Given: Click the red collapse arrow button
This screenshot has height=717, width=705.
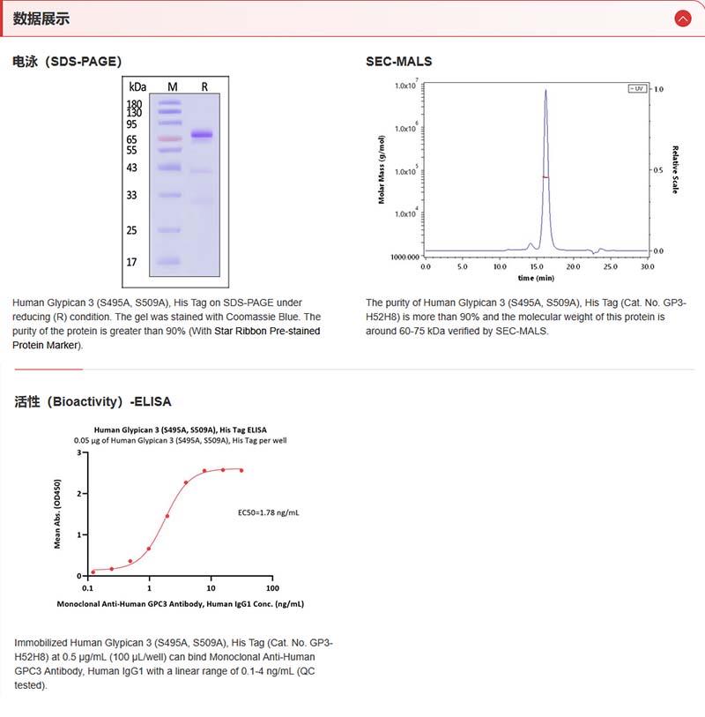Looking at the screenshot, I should click(x=681, y=18).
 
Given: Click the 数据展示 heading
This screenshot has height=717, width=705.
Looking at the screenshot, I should click(x=41, y=19).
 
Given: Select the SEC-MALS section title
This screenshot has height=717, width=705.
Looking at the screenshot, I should click(x=398, y=62).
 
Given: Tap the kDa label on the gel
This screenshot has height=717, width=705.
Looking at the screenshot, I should click(x=137, y=86).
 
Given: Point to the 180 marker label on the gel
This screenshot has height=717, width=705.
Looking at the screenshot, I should click(x=135, y=104).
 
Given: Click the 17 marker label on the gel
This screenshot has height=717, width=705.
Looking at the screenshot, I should click(x=132, y=262).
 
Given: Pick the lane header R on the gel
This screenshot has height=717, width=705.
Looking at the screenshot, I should click(x=204, y=86).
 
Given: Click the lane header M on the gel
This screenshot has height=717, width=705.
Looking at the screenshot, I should click(x=173, y=86).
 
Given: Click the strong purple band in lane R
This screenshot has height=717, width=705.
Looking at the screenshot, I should click(x=203, y=135).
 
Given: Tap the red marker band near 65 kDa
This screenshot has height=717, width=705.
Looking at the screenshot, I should click(x=170, y=138).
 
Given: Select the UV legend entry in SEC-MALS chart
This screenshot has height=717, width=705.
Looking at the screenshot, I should click(x=635, y=89).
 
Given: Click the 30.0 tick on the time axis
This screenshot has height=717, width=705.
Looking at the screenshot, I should click(x=648, y=265).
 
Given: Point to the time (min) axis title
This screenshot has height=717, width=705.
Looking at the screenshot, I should click(x=536, y=277).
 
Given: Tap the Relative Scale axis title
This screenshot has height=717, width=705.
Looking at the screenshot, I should click(x=675, y=169).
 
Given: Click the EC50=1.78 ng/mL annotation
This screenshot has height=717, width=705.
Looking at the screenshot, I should click(x=269, y=512).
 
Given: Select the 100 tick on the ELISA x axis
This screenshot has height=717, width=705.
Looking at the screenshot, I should click(x=272, y=587).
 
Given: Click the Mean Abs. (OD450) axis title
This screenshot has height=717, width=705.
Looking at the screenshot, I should click(x=58, y=514).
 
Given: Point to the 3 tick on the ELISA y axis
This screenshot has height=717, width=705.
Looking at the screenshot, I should click(x=79, y=452).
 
